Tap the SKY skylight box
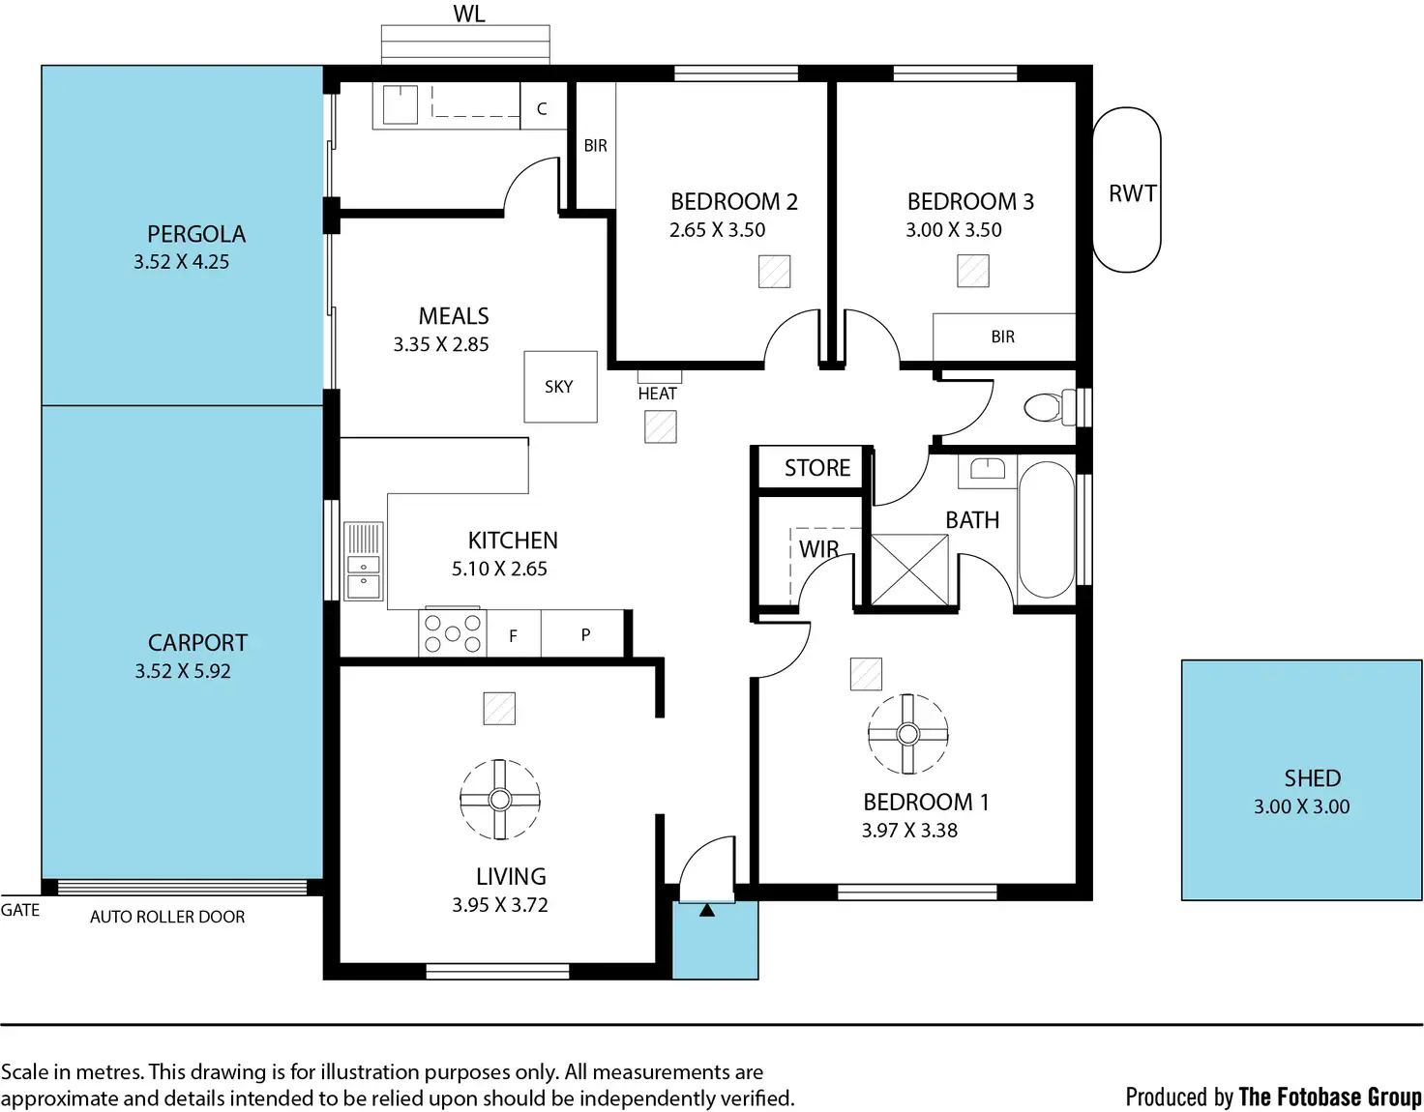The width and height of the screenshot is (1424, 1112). [x=560, y=387]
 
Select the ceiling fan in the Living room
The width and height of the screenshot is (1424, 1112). [x=500, y=799]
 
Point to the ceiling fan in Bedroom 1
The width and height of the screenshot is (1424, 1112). [x=907, y=734]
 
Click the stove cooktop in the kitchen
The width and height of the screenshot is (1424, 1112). [x=452, y=632]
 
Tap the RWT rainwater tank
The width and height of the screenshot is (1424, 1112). [x=1126, y=190]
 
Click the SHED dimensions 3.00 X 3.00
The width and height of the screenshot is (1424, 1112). [x=1301, y=806]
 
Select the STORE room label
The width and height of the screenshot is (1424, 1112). [x=817, y=468]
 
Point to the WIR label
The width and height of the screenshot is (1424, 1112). [x=818, y=549]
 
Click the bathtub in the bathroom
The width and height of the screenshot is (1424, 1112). [x=1047, y=530]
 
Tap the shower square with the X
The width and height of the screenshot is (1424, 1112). [x=909, y=571]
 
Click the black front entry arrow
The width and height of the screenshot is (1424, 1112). [x=706, y=910]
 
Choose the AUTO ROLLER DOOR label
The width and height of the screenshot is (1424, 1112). [x=167, y=917]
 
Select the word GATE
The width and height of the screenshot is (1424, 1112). [x=20, y=910]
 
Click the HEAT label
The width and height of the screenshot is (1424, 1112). [x=657, y=394]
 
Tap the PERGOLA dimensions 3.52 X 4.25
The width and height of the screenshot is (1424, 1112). [x=182, y=262]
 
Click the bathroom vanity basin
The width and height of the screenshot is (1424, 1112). [x=988, y=469]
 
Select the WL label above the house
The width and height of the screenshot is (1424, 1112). [x=469, y=14]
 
